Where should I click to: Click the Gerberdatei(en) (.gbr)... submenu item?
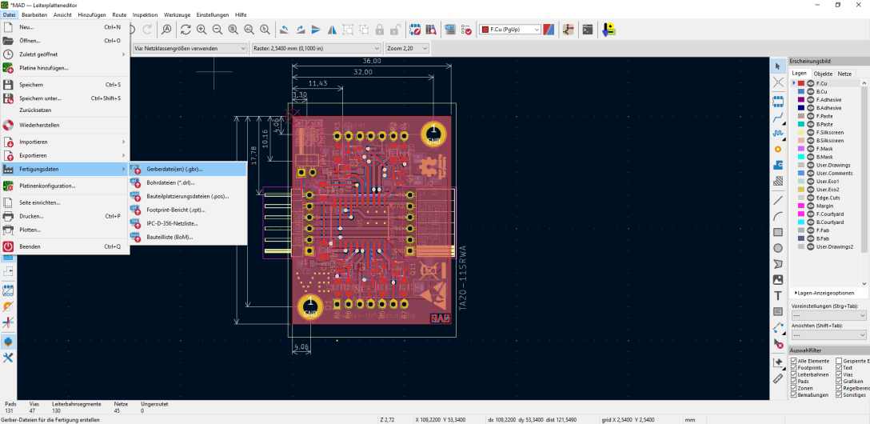coord(174,169)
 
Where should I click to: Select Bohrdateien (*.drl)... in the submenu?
coord(170,182)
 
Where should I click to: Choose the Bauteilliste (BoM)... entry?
coord(170,237)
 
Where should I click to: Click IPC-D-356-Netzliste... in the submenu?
coord(172,223)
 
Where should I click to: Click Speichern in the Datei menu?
coord(31,84)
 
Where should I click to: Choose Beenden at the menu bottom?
coord(30,246)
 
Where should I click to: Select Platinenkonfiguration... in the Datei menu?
coord(47,186)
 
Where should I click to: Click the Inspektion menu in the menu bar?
coord(145,15)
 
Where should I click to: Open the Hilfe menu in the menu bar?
coord(240,15)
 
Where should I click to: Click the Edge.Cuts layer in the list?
coord(828,197)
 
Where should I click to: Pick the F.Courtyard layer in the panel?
coord(829,214)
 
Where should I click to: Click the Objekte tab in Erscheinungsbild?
coord(823,74)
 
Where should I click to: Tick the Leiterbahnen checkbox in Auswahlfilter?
coord(794,374)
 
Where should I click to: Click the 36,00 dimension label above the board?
coord(372,62)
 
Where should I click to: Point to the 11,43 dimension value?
coord(317,83)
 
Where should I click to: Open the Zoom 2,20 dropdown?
coord(406,48)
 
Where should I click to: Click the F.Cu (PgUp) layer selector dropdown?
coord(510,30)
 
